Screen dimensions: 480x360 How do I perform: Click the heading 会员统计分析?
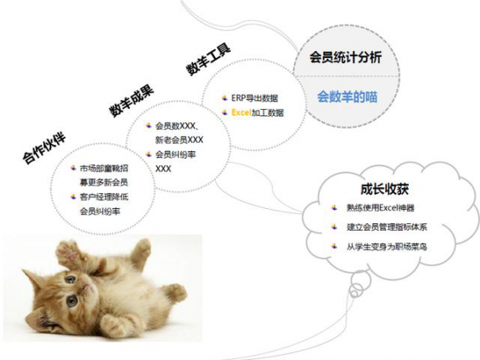point(345,57)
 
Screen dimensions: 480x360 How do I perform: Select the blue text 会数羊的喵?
point(347,97)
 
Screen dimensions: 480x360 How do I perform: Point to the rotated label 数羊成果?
point(132,101)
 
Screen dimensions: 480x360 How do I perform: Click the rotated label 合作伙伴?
point(44,149)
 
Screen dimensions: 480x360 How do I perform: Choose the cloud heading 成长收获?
point(384,189)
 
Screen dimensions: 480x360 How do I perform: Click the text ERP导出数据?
point(255,98)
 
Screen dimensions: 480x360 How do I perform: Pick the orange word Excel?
point(241,112)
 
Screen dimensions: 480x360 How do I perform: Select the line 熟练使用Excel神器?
point(380,208)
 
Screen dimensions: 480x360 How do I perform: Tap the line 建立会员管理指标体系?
point(387,227)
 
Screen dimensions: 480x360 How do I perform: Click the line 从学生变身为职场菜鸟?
point(387,247)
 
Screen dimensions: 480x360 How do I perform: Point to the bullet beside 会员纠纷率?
point(149,154)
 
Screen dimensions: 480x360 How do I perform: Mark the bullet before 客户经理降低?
point(73,196)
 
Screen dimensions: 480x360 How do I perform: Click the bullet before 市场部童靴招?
point(73,168)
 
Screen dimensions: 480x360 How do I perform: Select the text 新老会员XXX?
point(180,140)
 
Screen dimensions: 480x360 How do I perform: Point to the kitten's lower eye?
point(72,301)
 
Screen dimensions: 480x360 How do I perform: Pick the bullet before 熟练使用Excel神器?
point(334,208)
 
